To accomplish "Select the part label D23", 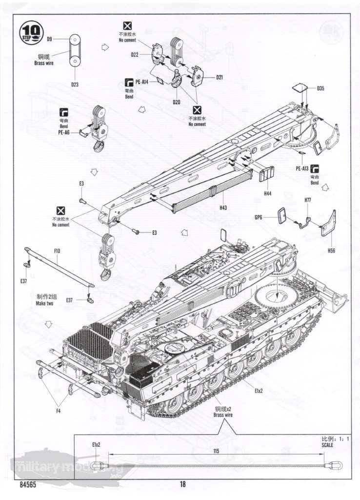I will [75, 84].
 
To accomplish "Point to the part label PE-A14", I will [142, 82].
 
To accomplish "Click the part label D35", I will [320, 88].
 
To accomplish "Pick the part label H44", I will [267, 194].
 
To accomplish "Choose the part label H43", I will [223, 208].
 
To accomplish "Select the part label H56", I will [332, 250].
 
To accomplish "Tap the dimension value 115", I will [216, 452].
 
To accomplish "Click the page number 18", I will [182, 484].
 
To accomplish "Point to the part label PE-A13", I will [302, 168].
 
